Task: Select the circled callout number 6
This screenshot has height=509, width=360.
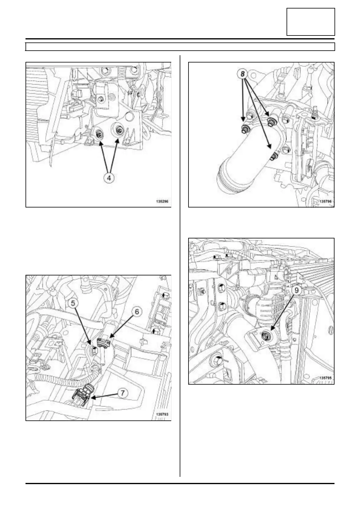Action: (137, 312)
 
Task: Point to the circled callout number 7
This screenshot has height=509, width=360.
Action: (122, 393)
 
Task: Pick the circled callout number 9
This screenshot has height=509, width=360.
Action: (297, 290)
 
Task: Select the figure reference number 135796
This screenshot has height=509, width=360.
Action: (325, 201)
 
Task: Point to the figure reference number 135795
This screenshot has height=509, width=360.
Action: (325, 378)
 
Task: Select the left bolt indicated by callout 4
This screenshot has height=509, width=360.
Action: (99, 134)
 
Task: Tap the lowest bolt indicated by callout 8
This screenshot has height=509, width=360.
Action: (273, 157)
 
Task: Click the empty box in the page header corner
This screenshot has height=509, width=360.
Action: (311, 22)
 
